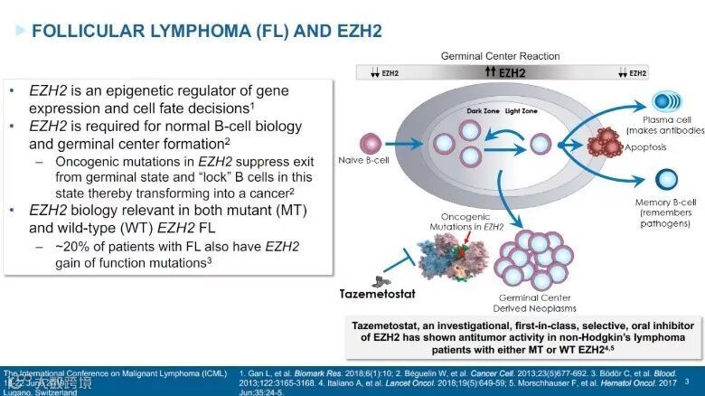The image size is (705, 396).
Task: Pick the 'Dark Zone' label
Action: tap(484, 111)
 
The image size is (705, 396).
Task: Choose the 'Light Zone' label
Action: tap(525, 111)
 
